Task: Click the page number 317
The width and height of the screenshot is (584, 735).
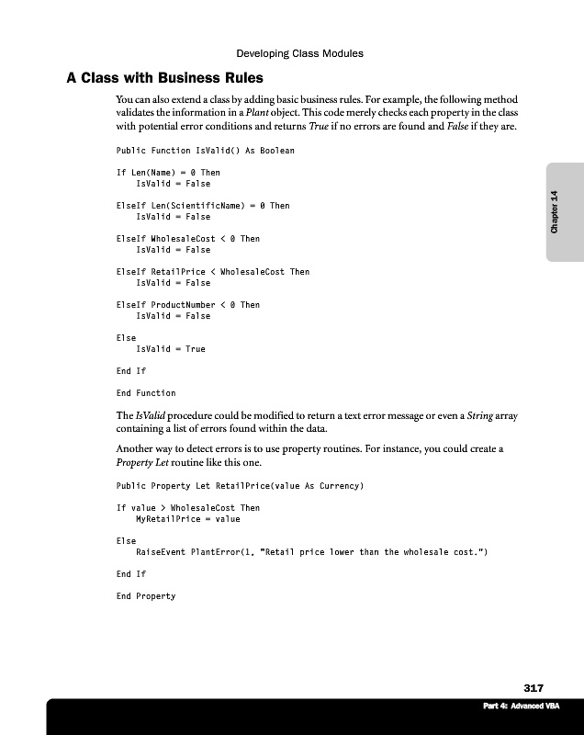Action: point(533,688)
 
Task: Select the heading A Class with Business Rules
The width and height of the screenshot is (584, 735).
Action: point(164,77)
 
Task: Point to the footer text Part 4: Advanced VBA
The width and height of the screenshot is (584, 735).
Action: point(521,707)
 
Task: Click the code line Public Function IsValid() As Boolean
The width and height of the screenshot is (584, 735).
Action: point(205,151)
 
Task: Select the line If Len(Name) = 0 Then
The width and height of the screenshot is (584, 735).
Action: point(168,173)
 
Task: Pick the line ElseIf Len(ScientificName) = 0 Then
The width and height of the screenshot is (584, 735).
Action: point(203,206)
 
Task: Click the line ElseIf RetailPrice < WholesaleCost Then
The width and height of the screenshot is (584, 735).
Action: point(213,272)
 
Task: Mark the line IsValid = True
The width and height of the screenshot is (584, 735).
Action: point(171,349)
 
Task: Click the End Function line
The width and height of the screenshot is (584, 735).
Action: point(146,393)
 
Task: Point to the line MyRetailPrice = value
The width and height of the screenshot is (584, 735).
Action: point(188,519)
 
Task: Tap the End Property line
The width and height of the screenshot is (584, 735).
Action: point(146,596)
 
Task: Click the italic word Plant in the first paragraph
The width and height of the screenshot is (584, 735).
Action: point(255,113)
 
